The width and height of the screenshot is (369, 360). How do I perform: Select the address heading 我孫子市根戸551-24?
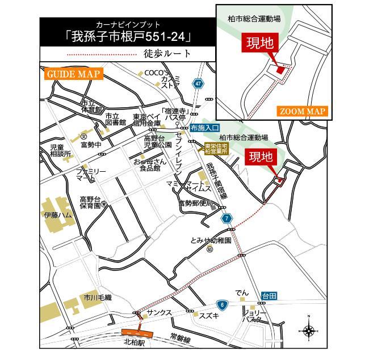(128, 37)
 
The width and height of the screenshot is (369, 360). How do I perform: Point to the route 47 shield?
(198, 83)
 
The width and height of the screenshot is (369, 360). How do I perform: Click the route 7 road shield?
(227, 218)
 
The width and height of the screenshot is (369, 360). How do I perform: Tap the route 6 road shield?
(223, 305)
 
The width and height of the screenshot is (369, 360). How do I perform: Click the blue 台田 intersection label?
(269, 295)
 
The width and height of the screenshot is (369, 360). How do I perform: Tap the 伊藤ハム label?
(58, 215)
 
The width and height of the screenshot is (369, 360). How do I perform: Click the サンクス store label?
(159, 313)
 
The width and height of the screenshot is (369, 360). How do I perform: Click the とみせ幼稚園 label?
(211, 240)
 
